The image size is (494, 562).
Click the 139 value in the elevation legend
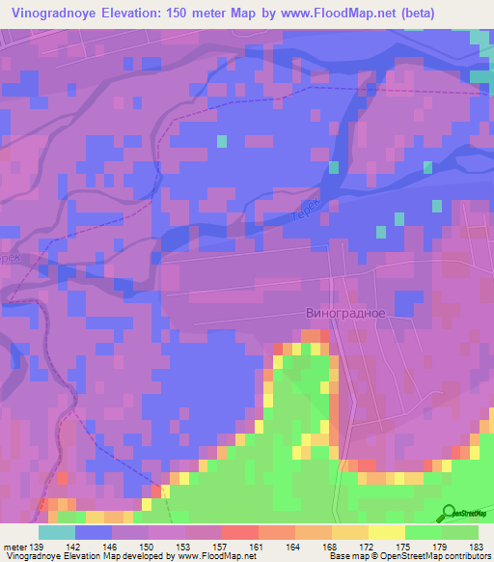click(x=38, y=547)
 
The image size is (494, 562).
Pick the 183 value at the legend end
click(x=476, y=547)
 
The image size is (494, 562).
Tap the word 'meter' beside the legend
click(x=14, y=547)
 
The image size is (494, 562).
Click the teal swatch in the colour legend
click(x=57, y=532)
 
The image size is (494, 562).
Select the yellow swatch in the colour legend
click(x=387, y=532)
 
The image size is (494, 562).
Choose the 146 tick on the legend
click(x=111, y=547)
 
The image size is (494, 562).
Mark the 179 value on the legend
click(x=441, y=547)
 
